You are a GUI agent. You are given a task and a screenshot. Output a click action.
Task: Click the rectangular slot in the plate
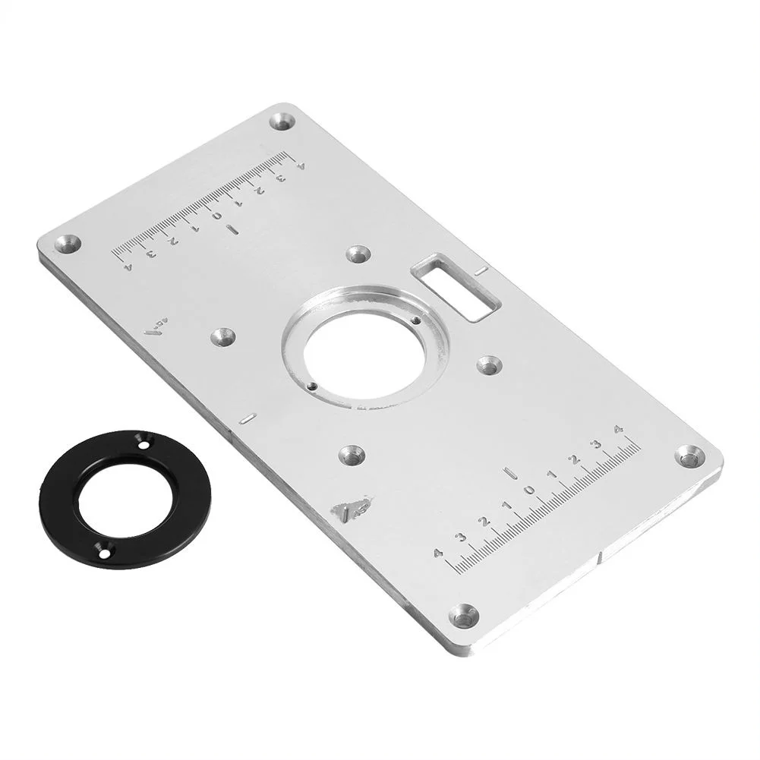click(456, 286)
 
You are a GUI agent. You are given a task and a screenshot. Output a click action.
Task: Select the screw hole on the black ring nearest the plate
click(142, 440)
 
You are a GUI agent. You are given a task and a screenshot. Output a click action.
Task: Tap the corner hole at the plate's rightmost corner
click(689, 456)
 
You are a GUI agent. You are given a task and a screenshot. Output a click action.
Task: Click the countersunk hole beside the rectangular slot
click(358, 254)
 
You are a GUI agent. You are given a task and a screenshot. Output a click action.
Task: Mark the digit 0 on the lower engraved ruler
click(530, 490)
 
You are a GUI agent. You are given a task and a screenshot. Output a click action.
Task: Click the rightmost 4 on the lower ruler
click(619, 430)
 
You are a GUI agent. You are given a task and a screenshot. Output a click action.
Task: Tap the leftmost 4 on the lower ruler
click(437, 553)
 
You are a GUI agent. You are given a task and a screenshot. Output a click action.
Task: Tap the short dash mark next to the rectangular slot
click(479, 270)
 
